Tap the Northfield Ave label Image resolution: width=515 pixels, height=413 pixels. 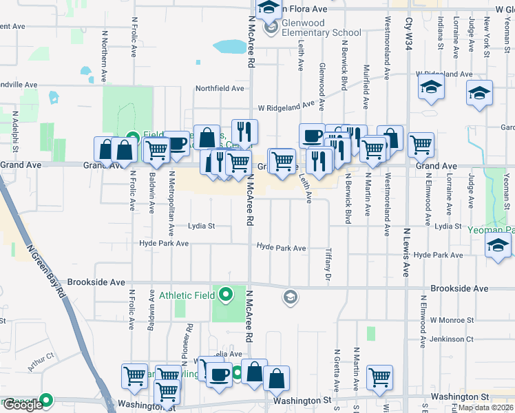220,89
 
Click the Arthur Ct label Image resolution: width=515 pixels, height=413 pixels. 41,357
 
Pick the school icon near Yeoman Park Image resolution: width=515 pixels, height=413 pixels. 498,246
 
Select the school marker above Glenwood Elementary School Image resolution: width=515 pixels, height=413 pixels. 269,8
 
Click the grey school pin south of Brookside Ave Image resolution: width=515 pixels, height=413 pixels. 290,297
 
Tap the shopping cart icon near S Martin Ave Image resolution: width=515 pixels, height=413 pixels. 379,376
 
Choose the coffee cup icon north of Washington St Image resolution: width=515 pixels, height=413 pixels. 220,375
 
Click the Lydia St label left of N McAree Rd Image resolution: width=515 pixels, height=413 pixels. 202,226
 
